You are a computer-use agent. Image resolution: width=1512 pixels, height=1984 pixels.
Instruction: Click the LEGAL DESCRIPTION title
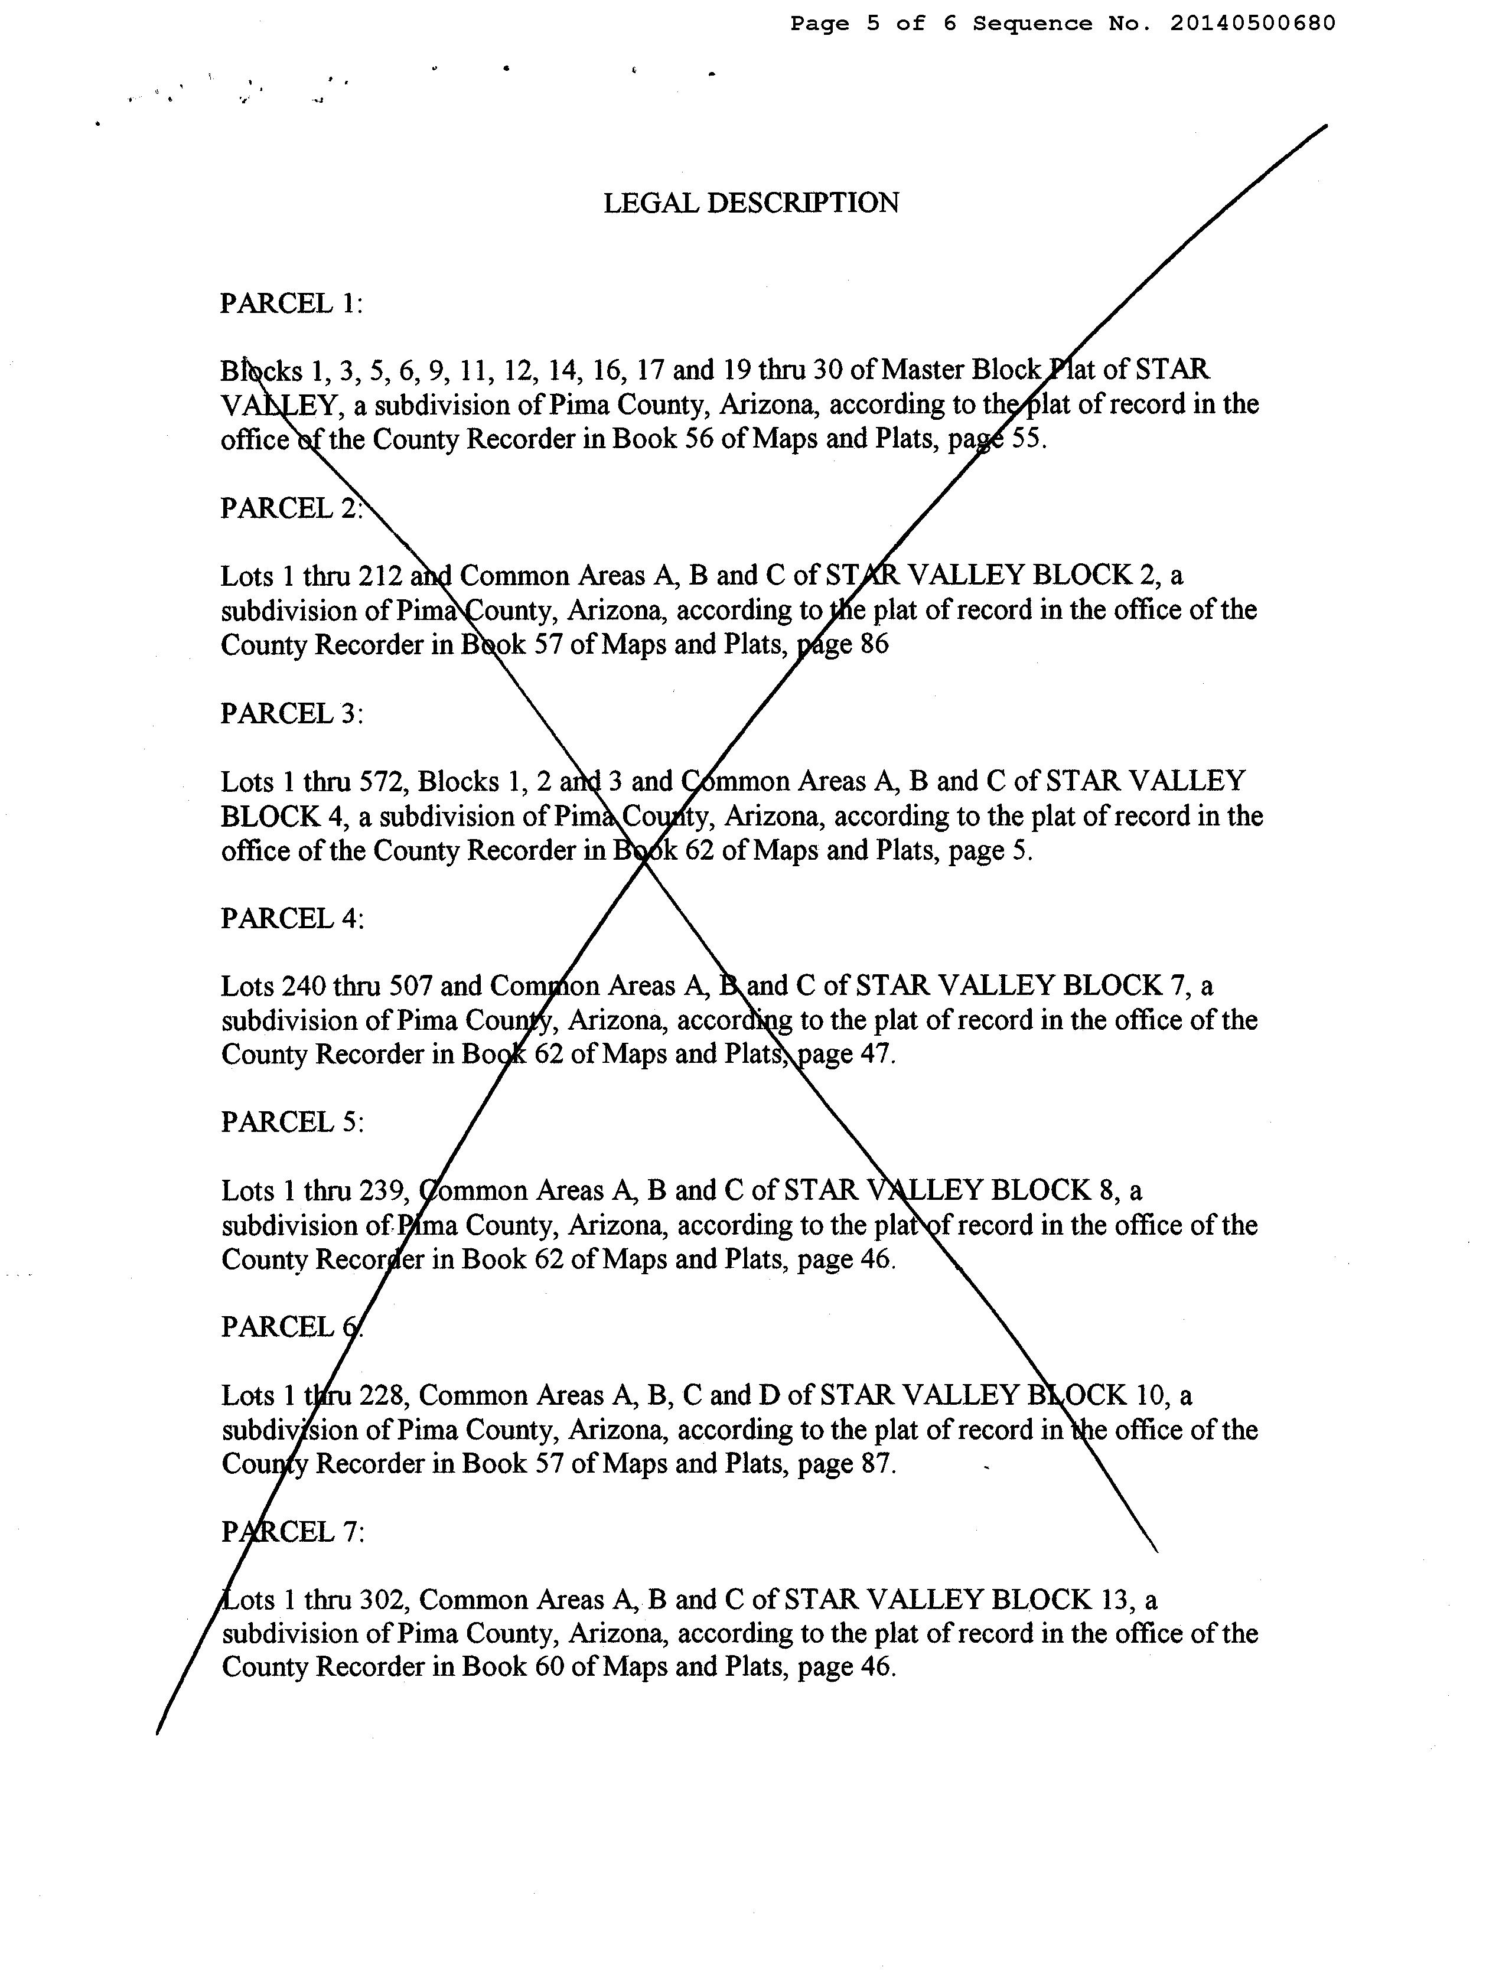pos(751,203)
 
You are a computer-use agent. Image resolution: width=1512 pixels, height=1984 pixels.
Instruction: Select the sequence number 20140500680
pos(1253,24)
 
